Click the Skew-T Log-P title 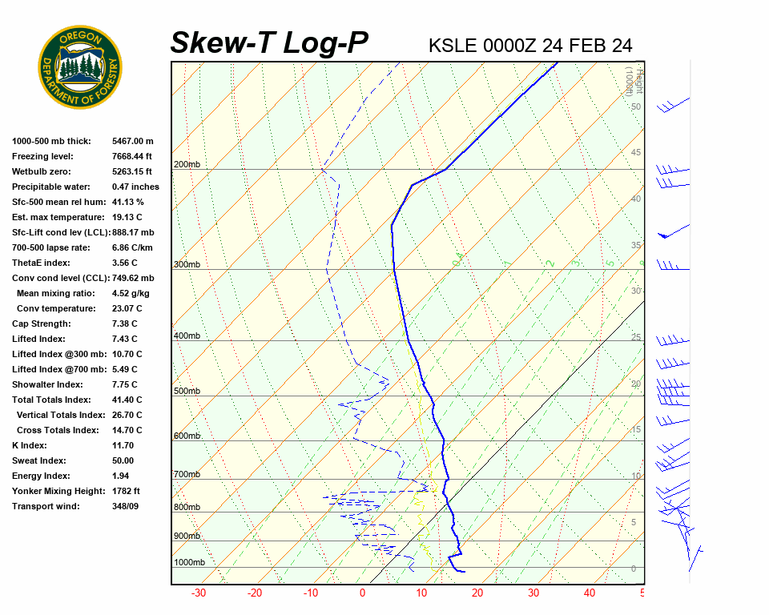pyautogui.click(x=269, y=42)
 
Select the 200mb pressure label pyautogui.click(x=187, y=165)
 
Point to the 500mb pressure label pyautogui.click(x=187, y=391)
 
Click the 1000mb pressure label pyautogui.click(x=189, y=563)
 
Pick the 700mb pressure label pyautogui.click(x=187, y=475)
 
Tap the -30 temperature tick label pyautogui.click(x=199, y=593)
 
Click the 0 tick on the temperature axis pyautogui.click(x=362, y=593)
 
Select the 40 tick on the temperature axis pyautogui.click(x=590, y=593)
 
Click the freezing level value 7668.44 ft pyautogui.click(x=132, y=156)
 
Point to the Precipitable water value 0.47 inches pyautogui.click(x=135, y=187)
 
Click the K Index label pyautogui.click(x=31, y=445)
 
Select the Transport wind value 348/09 pyautogui.click(x=126, y=506)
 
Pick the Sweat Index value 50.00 pyautogui.click(x=123, y=460)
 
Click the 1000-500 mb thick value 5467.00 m pyautogui.click(x=133, y=141)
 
